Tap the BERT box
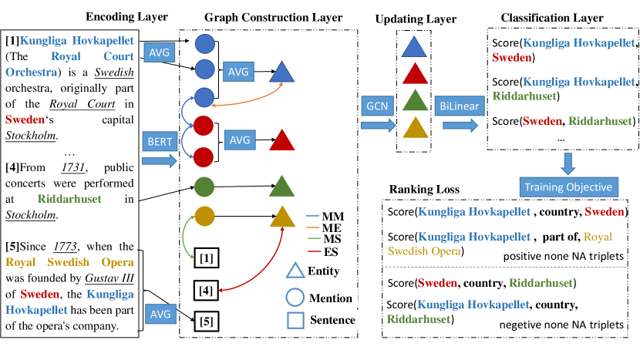(161, 141)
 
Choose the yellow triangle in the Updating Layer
(414, 129)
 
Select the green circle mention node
(204, 186)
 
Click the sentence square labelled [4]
(204, 291)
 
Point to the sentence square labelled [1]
(204, 257)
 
